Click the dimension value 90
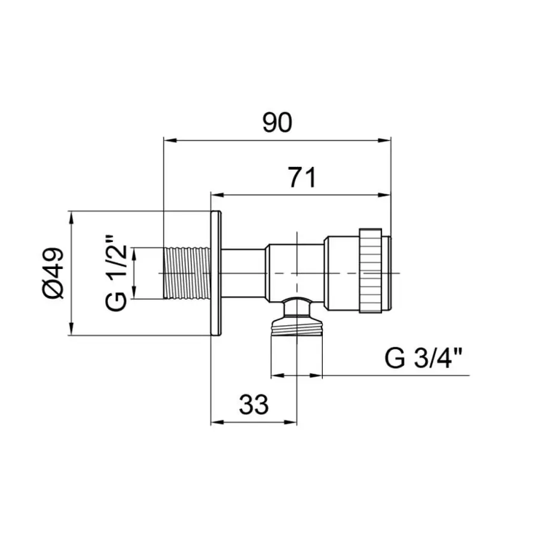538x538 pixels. [x=277, y=123]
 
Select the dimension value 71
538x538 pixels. [x=302, y=177]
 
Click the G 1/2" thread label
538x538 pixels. [x=116, y=273]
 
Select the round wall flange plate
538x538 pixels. [x=216, y=273]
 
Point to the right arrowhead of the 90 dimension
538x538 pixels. [x=386, y=141]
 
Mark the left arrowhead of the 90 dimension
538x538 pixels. [x=169, y=141]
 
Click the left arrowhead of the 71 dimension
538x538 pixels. [x=216, y=194]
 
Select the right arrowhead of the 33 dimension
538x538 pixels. [x=292, y=422]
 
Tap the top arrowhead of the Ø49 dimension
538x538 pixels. [x=71, y=216]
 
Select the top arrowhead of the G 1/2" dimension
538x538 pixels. [x=134, y=252]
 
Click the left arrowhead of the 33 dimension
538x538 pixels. [x=216, y=422]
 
